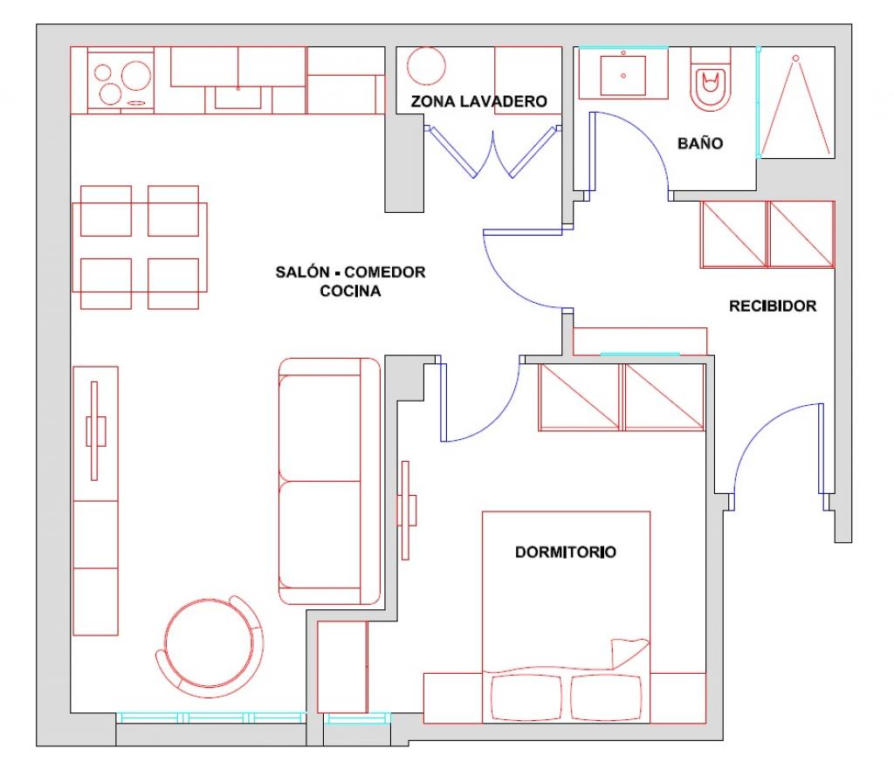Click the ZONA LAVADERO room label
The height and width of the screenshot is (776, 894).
coord(479,101)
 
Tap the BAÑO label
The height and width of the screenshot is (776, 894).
coord(700,142)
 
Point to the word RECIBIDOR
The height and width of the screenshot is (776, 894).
coord(773,306)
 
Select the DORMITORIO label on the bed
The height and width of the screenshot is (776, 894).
coord(565,552)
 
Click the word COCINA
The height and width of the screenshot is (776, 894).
coord(350,292)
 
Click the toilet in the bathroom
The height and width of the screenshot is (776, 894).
coord(711,79)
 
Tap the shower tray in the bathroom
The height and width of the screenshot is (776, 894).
coord(797,103)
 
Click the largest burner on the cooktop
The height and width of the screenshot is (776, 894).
coord(135,75)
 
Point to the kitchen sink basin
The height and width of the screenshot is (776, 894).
coord(237,97)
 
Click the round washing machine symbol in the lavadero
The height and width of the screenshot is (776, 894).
coord(426,66)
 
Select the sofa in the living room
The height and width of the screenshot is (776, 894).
coord(329,481)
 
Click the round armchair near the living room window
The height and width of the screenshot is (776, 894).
coord(210,647)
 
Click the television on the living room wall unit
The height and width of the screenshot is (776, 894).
coord(95,431)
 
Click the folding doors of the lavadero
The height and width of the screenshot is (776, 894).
coord(492,152)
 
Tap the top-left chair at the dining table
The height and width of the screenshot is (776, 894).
coord(106,210)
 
